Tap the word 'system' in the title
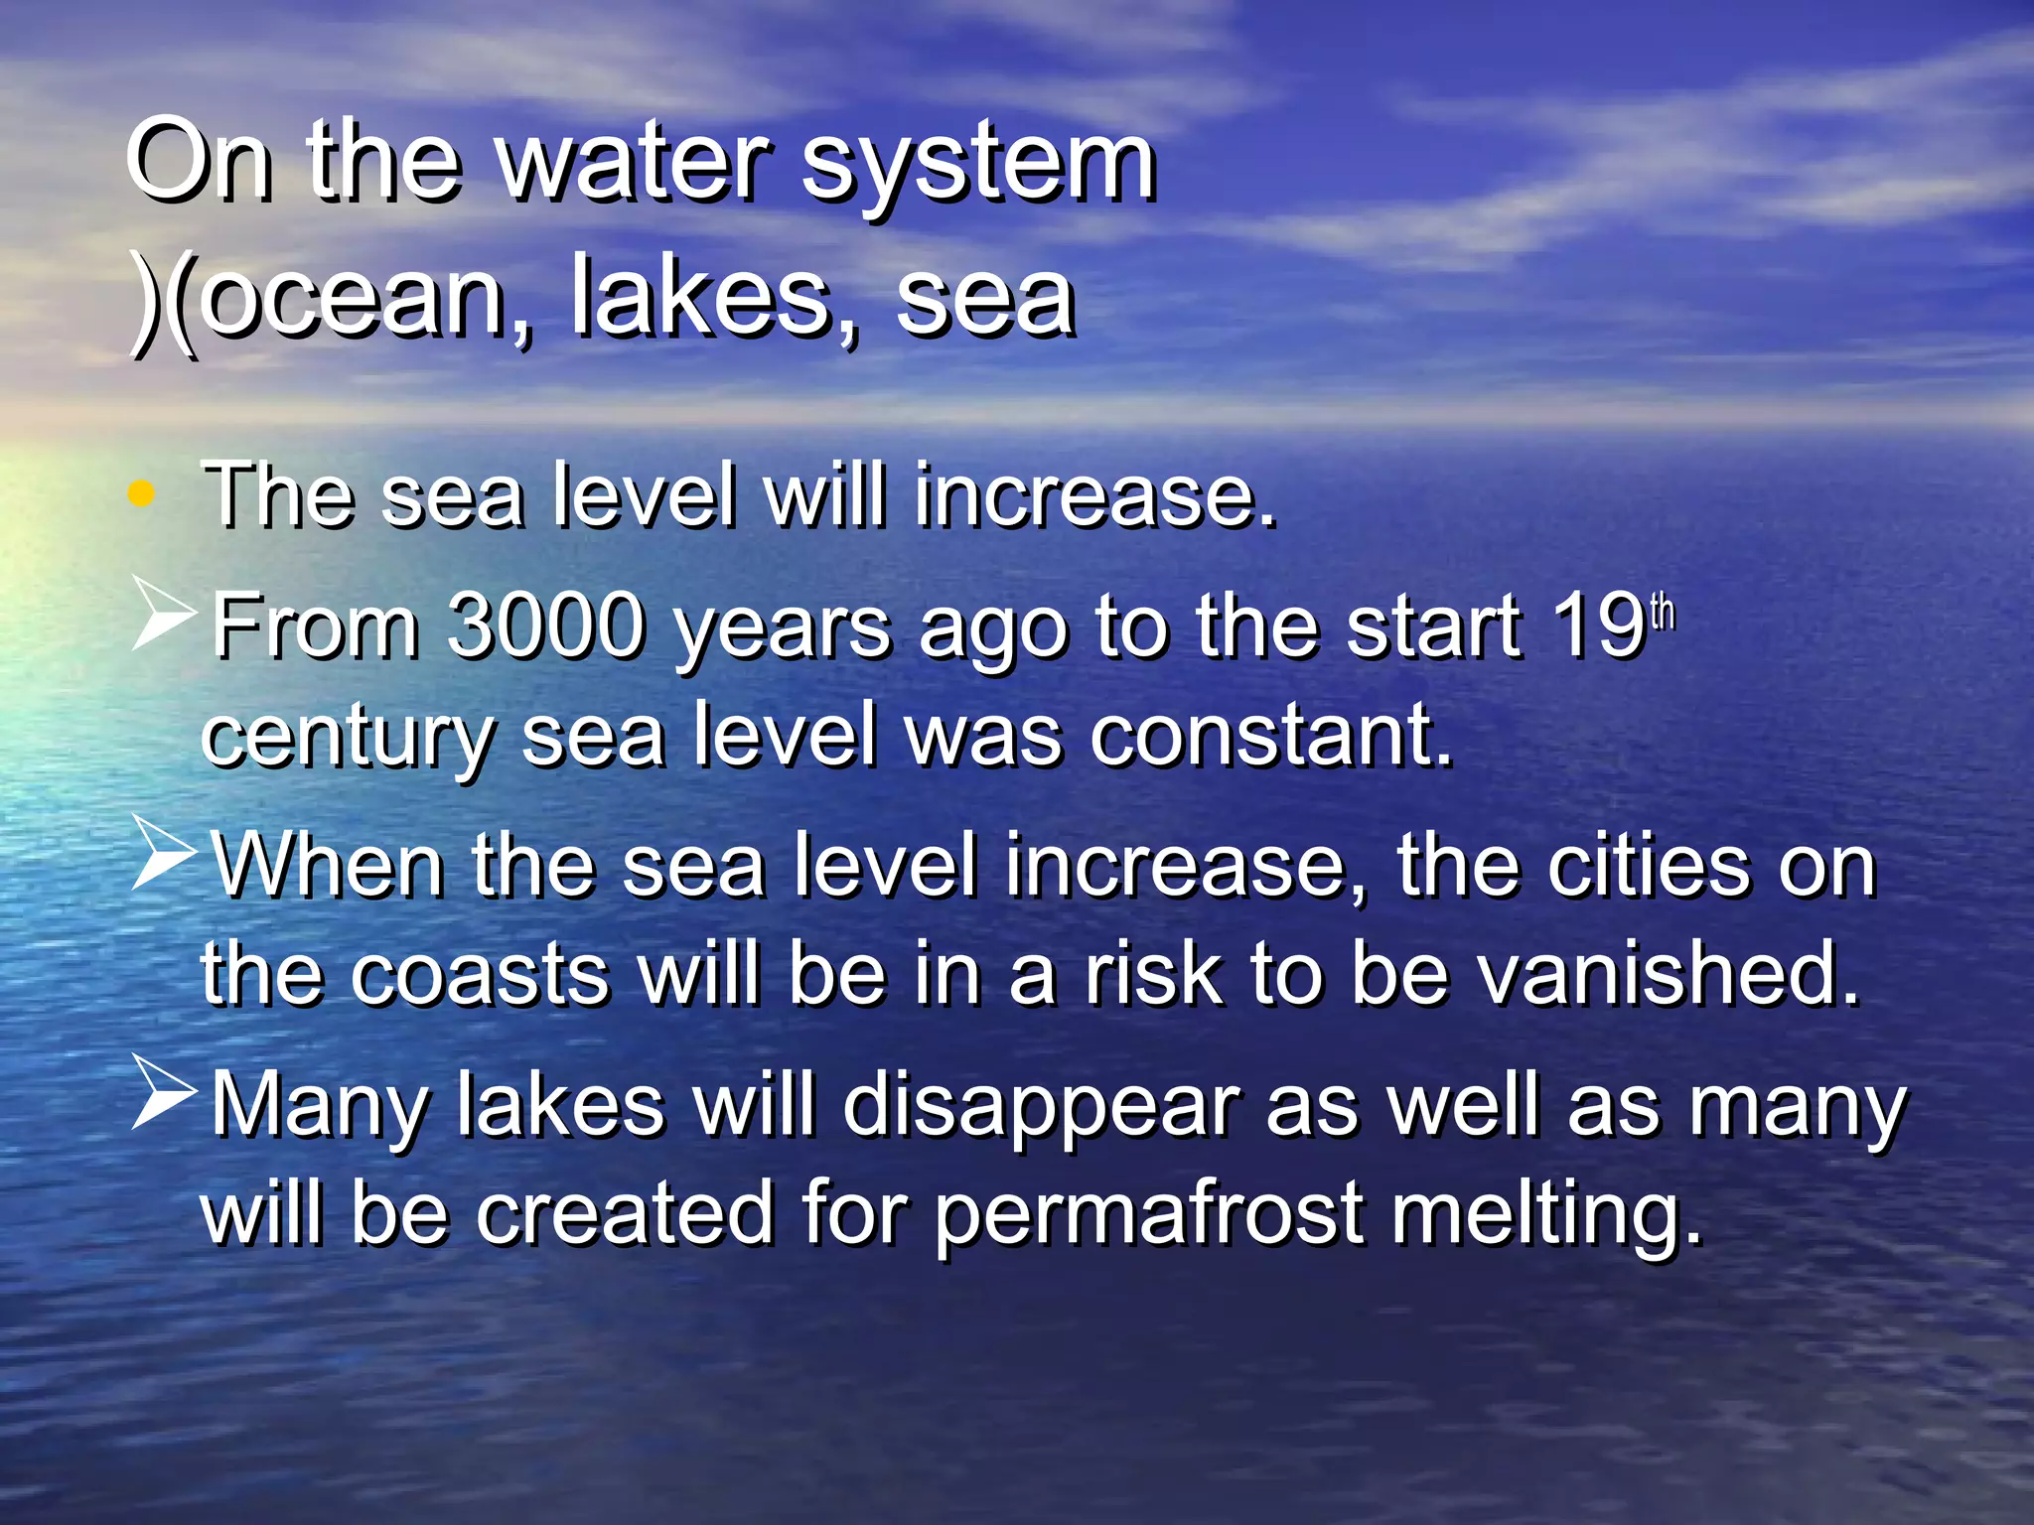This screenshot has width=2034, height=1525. click(x=978, y=164)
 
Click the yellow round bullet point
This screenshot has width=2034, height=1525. click(x=141, y=493)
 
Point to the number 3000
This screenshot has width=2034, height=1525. click(x=545, y=625)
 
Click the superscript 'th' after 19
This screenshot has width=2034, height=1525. click(x=1663, y=612)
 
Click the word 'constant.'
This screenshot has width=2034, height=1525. click(x=1271, y=735)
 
